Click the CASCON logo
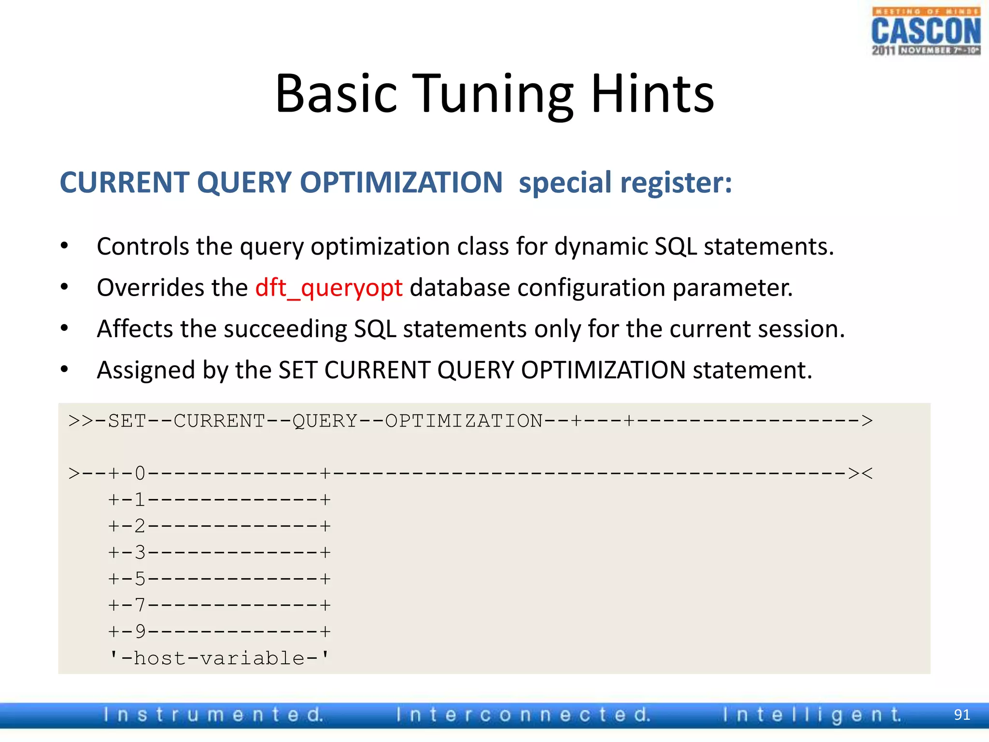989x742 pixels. pyautogui.click(x=926, y=31)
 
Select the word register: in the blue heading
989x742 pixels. pyautogui.click(x=676, y=183)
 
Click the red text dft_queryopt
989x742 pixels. pyautogui.click(x=328, y=288)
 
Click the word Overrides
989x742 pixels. pyautogui.click(x=171, y=288)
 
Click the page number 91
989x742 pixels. pyautogui.click(x=961, y=714)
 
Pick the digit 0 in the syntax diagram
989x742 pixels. pyautogui.click(x=140, y=473)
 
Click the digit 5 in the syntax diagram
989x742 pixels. pyautogui.click(x=140, y=579)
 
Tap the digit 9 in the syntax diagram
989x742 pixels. pyautogui.click(x=140, y=631)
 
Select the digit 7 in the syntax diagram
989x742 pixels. pyautogui.click(x=140, y=605)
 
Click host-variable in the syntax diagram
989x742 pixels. pyautogui.click(x=219, y=658)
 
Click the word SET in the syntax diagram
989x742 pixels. pyautogui.click(x=127, y=421)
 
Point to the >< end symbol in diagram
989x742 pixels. pyautogui.click(x=860, y=473)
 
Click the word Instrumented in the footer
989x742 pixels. pyautogui.click(x=213, y=714)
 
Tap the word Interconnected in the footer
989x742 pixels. pyautogui.click(x=523, y=714)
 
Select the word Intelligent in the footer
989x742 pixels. pyautogui.click(x=811, y=714)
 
